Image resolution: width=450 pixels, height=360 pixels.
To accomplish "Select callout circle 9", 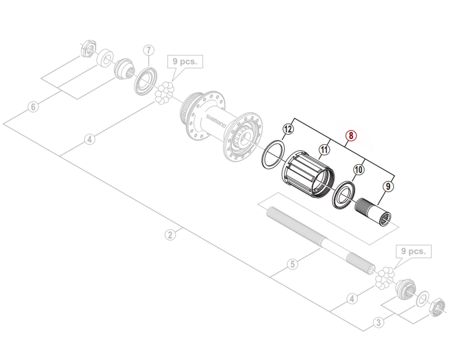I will [387, 185].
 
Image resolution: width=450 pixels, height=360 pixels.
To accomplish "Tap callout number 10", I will [359, 170].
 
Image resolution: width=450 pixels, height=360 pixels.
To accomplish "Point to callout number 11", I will [324, 150].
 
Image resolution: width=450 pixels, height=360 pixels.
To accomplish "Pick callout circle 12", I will [288, 130].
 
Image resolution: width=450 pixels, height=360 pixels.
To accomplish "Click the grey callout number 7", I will [149, 50].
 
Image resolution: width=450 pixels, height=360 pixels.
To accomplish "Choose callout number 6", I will [32, 107].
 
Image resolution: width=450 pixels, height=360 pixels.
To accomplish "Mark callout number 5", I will [292, 264].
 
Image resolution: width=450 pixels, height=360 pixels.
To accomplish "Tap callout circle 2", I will [170, 234].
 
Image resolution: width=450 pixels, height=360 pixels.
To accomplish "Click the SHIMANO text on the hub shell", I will [216, 121].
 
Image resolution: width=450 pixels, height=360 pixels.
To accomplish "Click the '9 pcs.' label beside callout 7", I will [185, 62].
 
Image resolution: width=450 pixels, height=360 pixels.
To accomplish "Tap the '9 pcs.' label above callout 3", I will [413, 251].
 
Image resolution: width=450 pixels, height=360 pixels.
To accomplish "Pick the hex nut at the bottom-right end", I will [435, 309].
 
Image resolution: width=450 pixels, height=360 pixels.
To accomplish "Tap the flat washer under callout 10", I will [344, 194].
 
